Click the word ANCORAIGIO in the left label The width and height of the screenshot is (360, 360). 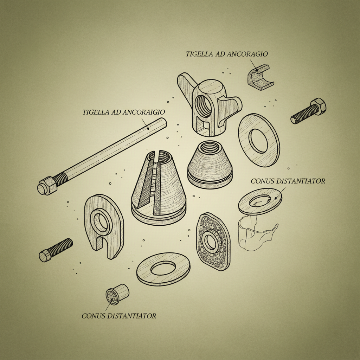(144, 112)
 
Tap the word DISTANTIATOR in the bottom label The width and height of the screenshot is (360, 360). (132, 316)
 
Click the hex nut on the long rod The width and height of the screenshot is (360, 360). (47, 186)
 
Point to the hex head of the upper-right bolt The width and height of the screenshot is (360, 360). (318, 106)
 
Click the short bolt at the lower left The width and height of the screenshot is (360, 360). (56, 250)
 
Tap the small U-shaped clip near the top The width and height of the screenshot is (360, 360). (261, 77)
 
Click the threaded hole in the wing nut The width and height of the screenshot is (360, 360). (204, 106)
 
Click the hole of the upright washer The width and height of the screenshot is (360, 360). (259, 141)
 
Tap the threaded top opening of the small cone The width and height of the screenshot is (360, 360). (210, 147)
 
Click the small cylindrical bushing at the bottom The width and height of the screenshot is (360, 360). (117, 295)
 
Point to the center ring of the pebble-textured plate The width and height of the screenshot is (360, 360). (211, 242)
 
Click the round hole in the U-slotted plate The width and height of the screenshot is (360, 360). (101, 222)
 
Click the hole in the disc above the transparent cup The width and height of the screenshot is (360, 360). (260, 201)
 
